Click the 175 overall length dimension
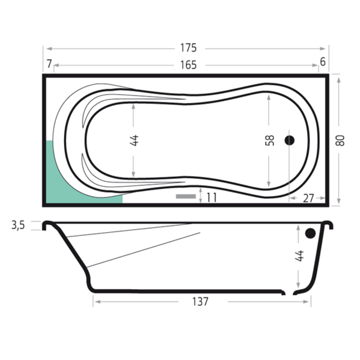(188, 48)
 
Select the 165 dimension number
(188, 65)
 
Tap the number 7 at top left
(49, 64)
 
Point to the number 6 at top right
(322, 62)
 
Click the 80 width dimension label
(340, 141)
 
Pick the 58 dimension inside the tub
(270, 141)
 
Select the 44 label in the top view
(134, 140)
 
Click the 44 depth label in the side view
(300, 256)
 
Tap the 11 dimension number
(212, 198)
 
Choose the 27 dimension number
(308, 198)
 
